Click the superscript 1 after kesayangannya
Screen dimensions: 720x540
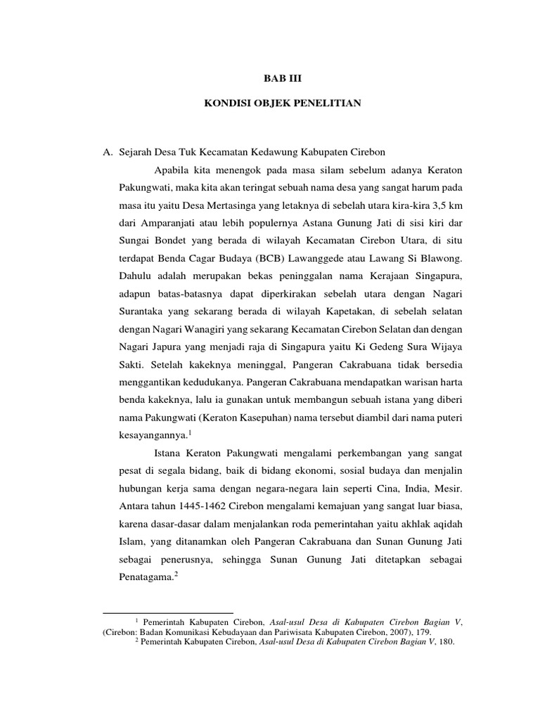click(192, 433)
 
